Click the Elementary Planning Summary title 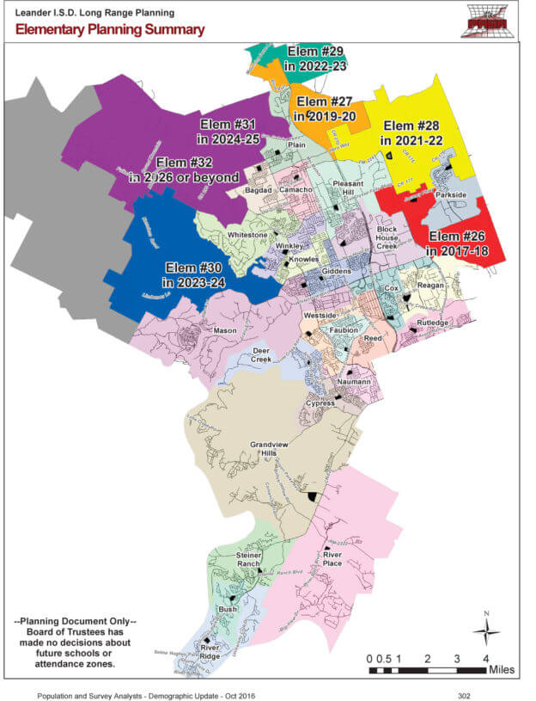coord(110,30)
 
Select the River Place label coord(332,559)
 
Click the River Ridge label coord(210,649)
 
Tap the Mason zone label coord(225,330)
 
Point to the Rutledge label coord(432,323)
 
